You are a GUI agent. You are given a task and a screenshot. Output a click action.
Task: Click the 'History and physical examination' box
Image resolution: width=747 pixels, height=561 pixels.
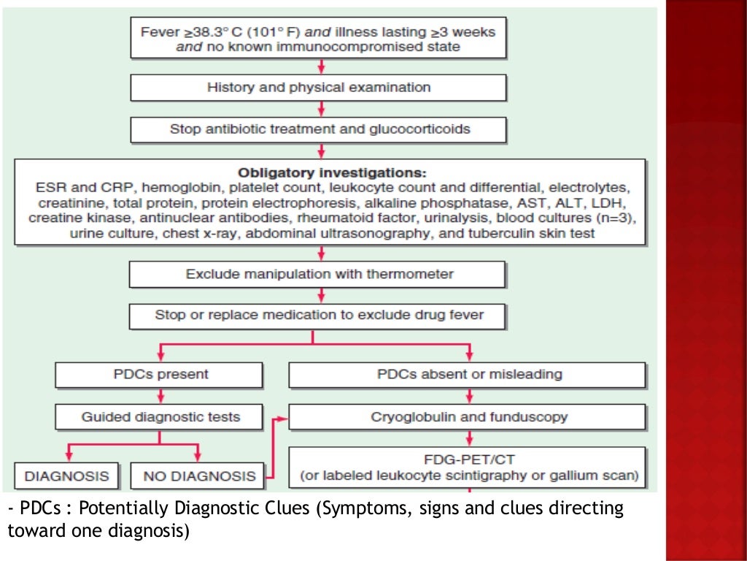318,88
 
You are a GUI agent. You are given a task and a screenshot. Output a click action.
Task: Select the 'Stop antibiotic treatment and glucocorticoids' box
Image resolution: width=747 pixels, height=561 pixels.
318,129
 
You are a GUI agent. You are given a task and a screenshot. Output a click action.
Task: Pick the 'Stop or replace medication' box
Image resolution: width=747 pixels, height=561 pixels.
318,316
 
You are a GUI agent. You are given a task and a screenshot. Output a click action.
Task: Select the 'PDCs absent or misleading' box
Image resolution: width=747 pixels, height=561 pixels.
468,374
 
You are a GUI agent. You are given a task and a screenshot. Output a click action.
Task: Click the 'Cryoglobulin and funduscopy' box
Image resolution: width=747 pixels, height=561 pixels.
468,417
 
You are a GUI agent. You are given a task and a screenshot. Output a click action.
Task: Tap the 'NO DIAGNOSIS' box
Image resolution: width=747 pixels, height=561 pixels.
198,476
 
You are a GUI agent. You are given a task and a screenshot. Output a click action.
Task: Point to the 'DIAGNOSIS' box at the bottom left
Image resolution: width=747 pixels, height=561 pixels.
66,476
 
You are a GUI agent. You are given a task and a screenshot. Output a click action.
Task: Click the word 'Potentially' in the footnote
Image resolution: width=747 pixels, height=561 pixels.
125,508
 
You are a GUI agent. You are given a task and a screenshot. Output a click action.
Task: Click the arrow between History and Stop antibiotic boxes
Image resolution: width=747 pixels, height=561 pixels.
320,109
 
